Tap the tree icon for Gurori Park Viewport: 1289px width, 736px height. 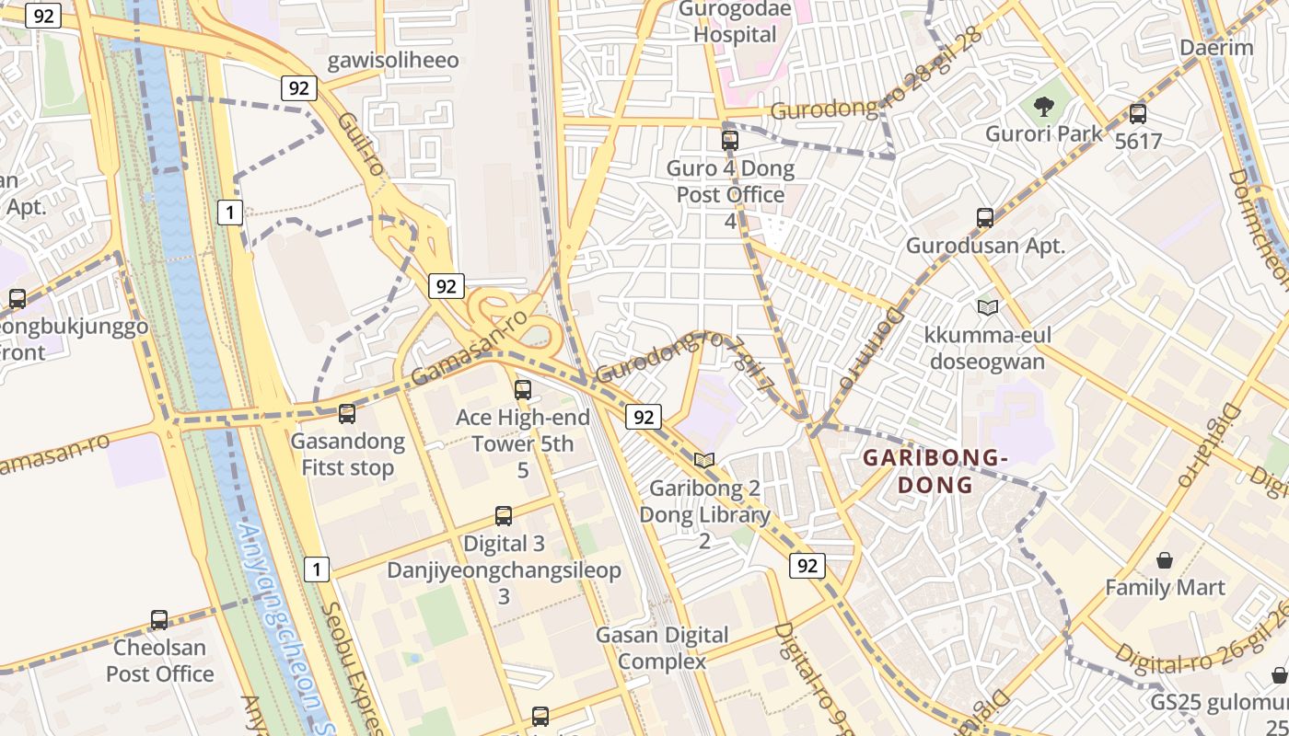tap(1044, 108)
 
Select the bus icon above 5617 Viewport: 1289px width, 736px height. tap(1138, 115)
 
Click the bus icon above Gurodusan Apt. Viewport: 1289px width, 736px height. tap(985, 219)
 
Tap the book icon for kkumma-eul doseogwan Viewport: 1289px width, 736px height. tap(988, 307)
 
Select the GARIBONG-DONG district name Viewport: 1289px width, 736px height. tap(935, 471)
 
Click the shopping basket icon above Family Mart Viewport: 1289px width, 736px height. tap(1165, 560)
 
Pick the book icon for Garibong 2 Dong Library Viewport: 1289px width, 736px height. tap(704, 460)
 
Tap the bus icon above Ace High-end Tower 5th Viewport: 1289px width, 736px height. tap(523, 390)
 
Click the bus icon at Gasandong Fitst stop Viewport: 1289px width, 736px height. tap(347, 415)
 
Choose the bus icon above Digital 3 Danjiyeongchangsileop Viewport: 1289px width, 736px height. tap(504, 516)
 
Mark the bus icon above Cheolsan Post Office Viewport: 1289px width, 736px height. tap(159, 621)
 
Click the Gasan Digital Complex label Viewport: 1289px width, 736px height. tap(662, 648)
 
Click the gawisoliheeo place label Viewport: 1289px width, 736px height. tap(393, 61)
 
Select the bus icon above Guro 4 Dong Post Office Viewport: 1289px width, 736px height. tap(730, 141)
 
